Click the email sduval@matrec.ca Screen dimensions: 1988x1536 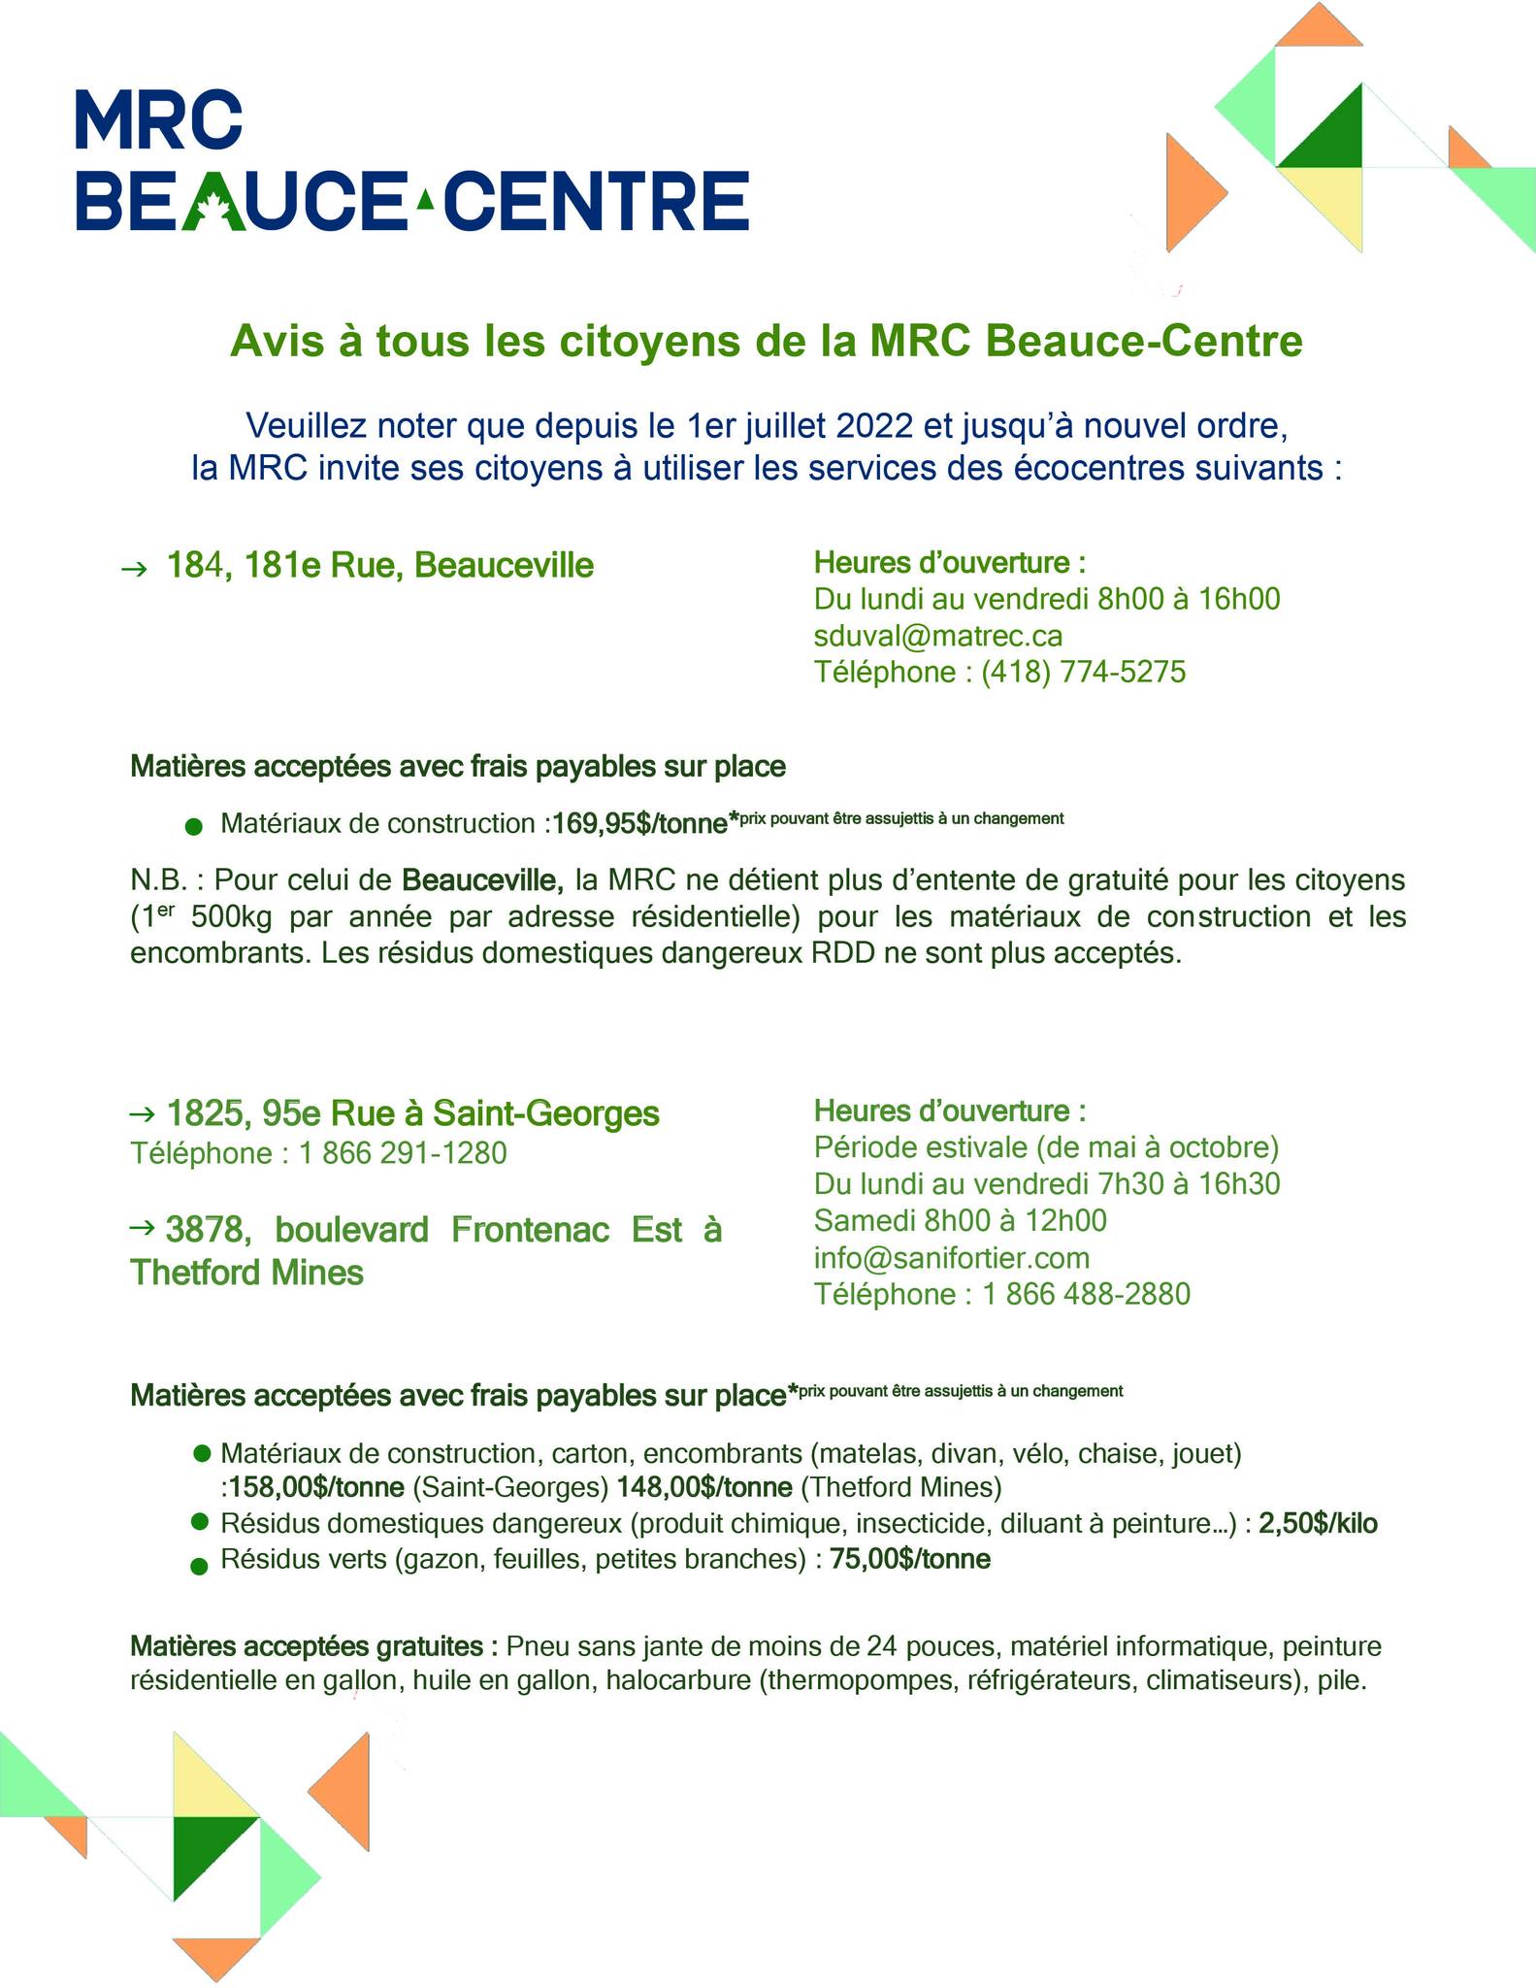tap(938, 636)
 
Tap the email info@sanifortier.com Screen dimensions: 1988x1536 tap(952, 1258)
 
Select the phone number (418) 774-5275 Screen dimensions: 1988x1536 tap(1083, 672)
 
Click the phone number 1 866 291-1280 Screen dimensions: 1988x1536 tap(403, 1153)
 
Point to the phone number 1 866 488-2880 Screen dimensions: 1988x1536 tap(1086, 1294)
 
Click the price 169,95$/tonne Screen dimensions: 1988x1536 tap(639, 824)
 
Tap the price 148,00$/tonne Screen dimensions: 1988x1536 tap(703, 1487)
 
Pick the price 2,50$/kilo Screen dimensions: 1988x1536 tap(1318, 1524)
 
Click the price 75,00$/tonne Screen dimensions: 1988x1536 tap(910, 1560)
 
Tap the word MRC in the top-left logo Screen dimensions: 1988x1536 tap(158, 120)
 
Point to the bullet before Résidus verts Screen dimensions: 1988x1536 tap(200, 1566)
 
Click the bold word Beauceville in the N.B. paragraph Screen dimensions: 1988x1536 tap(482, 880)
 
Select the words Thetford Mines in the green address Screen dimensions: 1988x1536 tap(246, 1273)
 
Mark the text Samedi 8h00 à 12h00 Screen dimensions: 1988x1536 tap(960, 1220)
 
